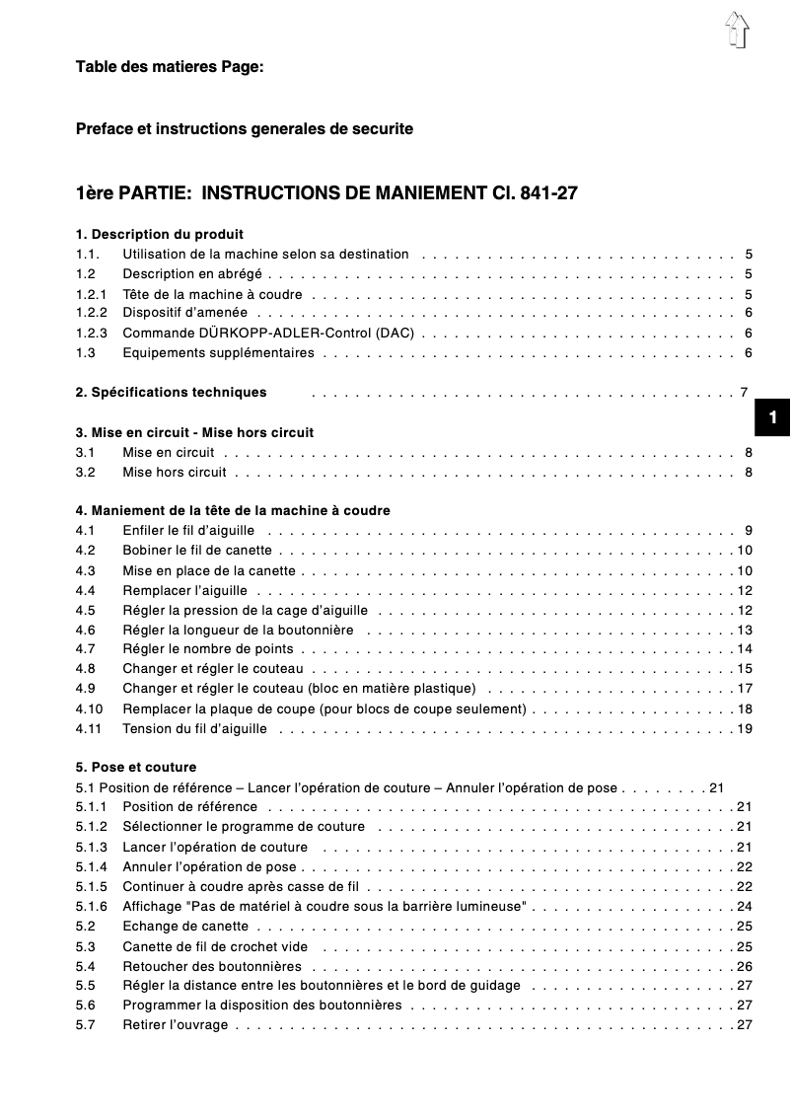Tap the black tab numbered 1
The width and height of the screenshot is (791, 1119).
773,418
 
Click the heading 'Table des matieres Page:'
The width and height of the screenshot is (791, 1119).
170,67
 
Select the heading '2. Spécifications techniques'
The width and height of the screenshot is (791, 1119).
171,392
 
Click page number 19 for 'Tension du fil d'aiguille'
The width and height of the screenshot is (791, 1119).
745,728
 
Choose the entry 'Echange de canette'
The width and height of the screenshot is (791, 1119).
185,926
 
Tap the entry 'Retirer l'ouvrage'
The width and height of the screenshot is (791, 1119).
175,1024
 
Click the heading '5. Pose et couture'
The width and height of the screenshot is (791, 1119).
136,767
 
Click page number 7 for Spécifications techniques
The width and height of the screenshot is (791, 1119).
745,392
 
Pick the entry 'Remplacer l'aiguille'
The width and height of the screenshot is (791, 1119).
184,590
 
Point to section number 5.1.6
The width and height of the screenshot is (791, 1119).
92,906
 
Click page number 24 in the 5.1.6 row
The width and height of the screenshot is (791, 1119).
745,906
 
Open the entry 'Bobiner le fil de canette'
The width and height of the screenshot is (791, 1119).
197,551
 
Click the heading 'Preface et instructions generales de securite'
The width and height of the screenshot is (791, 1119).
245,129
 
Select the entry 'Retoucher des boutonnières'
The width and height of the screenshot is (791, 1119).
212,965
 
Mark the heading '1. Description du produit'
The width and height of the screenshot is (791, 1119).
160,235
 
